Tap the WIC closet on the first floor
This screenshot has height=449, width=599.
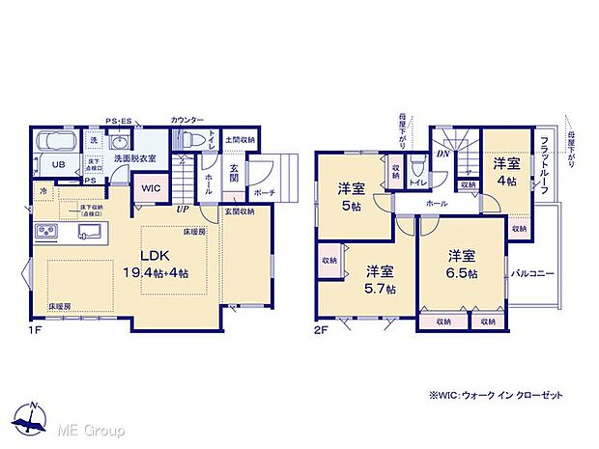[x=150, y=188]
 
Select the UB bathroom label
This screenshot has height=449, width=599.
[x=58, y=164]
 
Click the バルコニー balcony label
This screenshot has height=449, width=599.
[x=532, y=274]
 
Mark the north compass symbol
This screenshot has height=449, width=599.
[x=32, y=417]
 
